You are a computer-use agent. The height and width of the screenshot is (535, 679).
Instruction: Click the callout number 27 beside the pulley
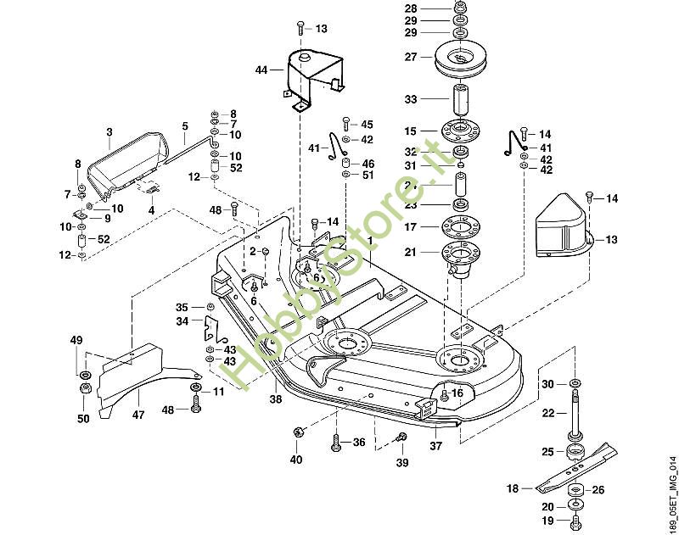click(412, 57)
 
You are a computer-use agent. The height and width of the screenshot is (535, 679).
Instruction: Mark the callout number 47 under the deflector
click(138, 415)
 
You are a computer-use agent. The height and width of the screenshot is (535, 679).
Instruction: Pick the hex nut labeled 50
click(86, 390)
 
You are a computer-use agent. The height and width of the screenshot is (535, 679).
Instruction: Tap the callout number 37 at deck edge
click(435, 445)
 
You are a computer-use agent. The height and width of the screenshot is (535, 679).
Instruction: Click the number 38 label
click(274, 398)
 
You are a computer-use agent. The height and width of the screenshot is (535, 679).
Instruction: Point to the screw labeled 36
click(336, 442)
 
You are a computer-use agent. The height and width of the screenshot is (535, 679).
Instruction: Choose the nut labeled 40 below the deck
click(298, 433)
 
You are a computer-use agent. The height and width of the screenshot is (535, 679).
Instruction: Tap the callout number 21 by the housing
click(411, 252)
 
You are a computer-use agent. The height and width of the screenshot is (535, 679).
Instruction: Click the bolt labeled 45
click(345, 124)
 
